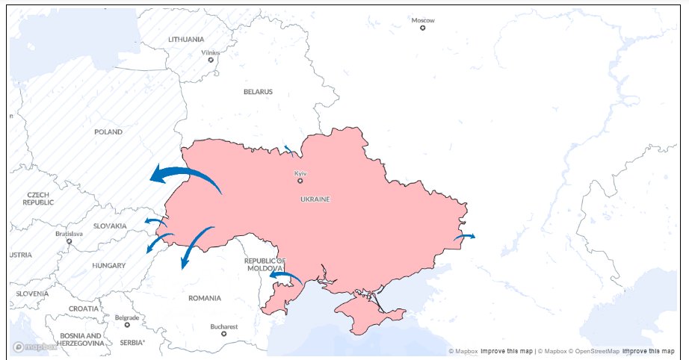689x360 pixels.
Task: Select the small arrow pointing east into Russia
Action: (x=464, y=236)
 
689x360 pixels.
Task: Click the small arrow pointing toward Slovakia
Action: (x=155, y=221)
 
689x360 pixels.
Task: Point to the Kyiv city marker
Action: (x=300, y=181)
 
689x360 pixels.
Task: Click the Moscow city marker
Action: (x=423, y=28)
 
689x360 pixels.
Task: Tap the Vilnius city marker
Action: (x=211, y=60)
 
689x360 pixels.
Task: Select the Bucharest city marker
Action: (x=223, y=333)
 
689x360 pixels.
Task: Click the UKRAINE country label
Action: (x=315, y=199)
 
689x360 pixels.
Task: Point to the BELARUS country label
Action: (x=258, y=92)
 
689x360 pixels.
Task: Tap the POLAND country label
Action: (x=108, y=131)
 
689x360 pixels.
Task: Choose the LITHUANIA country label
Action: (x=186, y=39)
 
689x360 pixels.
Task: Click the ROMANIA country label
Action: (x=204, y=298)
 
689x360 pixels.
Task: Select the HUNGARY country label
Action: (x=108, y=265)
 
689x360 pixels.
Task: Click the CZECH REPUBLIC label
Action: (x=37, y=198)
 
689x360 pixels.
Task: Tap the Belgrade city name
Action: (x=127, y=317)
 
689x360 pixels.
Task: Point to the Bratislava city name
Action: (x=69, y=234)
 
